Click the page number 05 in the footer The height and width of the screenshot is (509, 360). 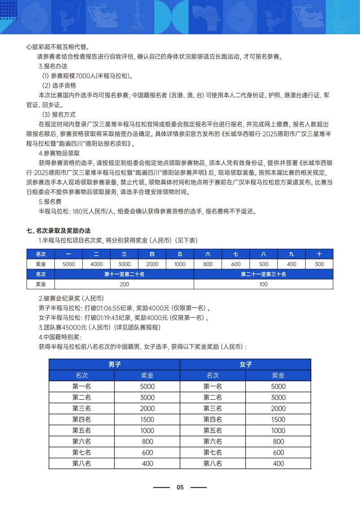[x=180, y=487]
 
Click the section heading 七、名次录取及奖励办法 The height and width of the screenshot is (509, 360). [x=58, y=231]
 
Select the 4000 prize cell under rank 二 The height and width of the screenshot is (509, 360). [x=97, y=264]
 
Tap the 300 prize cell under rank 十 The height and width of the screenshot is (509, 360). [x=319, y=264]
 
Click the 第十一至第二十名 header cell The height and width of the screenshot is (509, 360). [x=124, y=274]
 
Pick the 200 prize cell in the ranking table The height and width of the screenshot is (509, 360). [x=124, y=284]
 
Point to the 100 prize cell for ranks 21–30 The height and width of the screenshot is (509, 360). [x=264, y=284]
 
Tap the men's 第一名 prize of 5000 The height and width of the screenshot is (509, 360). [x=147, y=386]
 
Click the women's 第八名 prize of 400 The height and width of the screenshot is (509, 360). [x=279, y=464]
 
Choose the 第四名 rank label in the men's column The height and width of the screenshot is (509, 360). [x=81, y=419]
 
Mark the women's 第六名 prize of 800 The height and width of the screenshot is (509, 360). [x=279, y=441]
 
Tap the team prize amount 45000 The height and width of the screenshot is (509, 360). [x=72, y=328]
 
